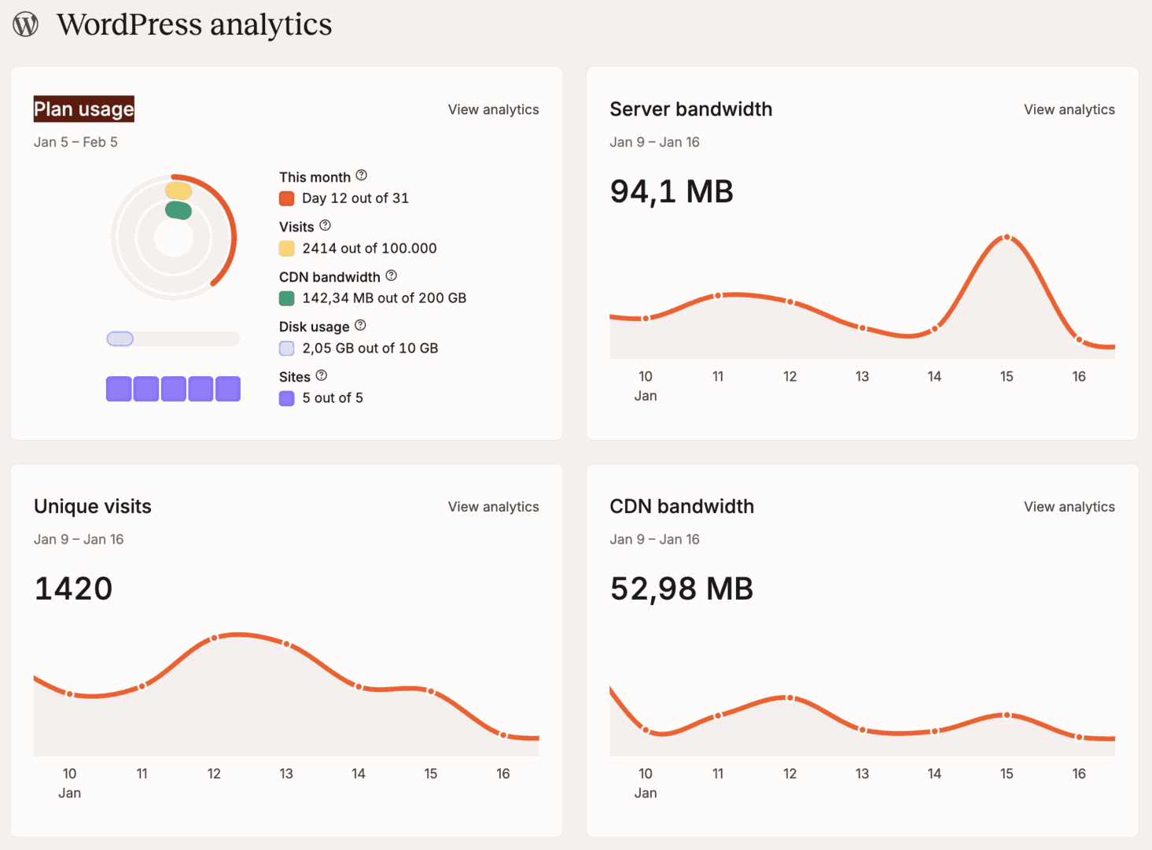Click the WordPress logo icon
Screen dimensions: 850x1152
25,24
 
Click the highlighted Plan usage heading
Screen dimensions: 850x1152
83,109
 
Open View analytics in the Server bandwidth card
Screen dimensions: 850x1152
1069,109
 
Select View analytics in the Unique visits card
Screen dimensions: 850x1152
493,507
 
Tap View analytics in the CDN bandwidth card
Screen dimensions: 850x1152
1069,507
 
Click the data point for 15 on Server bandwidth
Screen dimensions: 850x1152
1007,237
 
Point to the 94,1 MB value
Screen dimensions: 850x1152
672,191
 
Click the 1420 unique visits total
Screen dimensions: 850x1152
73,589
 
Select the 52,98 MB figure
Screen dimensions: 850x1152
681,589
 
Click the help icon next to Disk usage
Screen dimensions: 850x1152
360,325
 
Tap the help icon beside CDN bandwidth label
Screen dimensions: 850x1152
392,275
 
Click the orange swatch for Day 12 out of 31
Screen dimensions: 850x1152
287,198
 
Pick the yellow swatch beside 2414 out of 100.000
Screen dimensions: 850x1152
287,249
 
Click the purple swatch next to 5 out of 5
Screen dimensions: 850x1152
287,398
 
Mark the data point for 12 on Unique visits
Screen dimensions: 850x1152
214,638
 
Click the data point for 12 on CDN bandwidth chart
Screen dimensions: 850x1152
790,698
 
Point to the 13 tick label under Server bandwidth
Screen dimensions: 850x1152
862,376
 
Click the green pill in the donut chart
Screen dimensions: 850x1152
179,210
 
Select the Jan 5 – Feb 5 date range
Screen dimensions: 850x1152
75,142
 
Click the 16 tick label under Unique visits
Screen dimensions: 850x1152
503,774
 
